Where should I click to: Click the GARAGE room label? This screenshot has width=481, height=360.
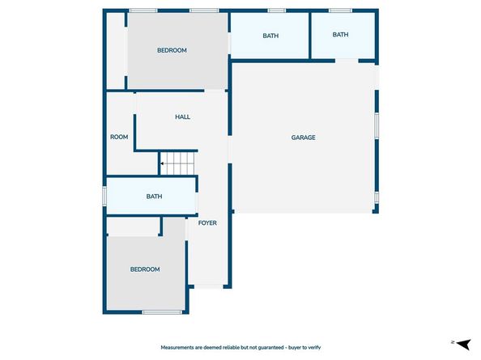coord(303,138)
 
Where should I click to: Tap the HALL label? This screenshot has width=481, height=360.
coord(182,117)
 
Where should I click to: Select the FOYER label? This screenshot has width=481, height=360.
coord(208,222)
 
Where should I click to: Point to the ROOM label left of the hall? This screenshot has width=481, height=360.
coord(119,137)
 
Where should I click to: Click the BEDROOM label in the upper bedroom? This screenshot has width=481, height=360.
coord(172,50)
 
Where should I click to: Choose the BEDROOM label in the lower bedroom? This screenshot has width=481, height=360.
coord(145,269)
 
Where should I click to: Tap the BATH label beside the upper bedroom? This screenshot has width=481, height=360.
coord(270,36)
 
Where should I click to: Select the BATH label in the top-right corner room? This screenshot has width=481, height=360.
coord(340,35)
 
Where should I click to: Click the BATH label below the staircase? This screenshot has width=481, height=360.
coord(154,197)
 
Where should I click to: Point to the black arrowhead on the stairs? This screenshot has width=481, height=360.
coord(162,163)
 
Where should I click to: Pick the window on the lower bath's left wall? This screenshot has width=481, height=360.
coord(104,196)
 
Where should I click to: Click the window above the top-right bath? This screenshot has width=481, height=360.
coord(340,11)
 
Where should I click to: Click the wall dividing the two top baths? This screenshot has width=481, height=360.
coord(310,36)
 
